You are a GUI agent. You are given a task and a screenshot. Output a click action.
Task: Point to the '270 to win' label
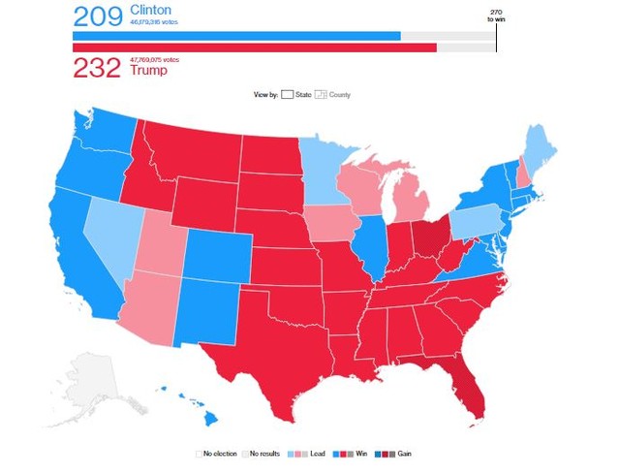click(496, 18)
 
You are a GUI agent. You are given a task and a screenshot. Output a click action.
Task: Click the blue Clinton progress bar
click(236, 36)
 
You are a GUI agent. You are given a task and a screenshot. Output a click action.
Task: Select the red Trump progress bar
click(254, 47)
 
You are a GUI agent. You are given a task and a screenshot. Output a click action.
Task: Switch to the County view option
click(333, 95)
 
